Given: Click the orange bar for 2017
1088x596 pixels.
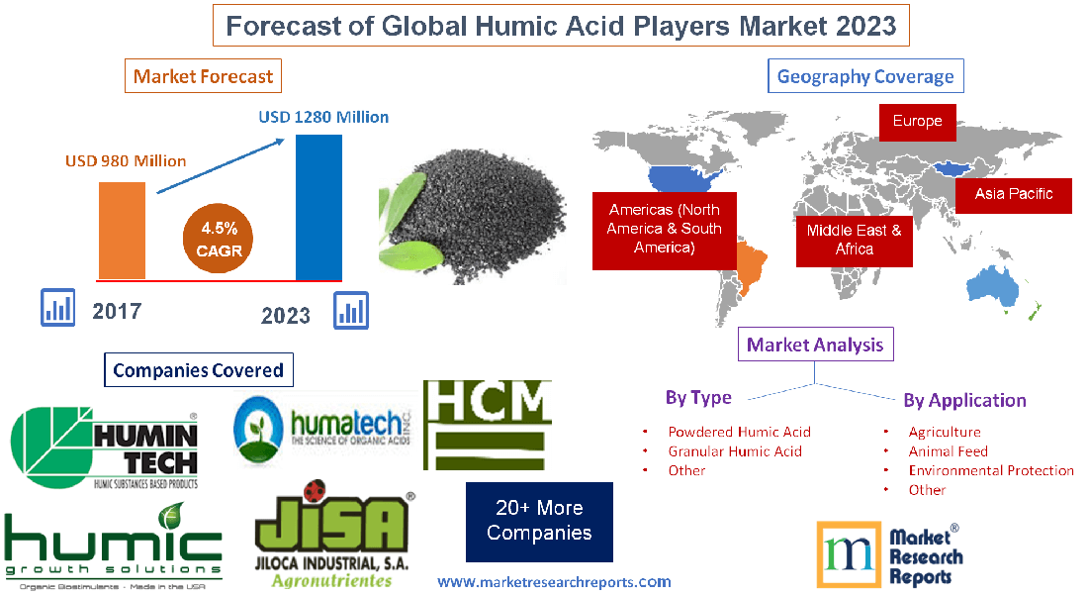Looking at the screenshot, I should tap(121, 230).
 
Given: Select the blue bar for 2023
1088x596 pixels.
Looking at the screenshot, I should tap(318, 207).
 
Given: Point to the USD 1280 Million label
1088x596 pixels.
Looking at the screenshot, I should tap(323, 117).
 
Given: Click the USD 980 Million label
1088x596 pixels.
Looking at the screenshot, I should tap(126, 160).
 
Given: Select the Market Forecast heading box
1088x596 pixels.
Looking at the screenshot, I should tap(203, 76).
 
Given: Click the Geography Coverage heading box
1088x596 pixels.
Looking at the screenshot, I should tap(865, 76).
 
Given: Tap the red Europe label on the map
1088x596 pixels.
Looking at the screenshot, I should tap(917, 122).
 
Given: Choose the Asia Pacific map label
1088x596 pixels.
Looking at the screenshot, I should tap(1013, 194).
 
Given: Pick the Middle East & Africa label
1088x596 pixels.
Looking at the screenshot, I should tap(854, 240).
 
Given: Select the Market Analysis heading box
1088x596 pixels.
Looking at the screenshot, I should tap(815, 345).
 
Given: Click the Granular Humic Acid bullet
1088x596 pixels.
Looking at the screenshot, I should tap(734, 451).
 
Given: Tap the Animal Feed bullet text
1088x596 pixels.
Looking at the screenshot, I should tap(948, 451).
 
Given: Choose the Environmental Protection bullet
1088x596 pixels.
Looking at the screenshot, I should tap(990, 470).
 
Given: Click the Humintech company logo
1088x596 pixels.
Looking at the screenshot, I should tap(106, 447).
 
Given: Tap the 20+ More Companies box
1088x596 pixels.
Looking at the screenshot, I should tap(539, 521).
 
